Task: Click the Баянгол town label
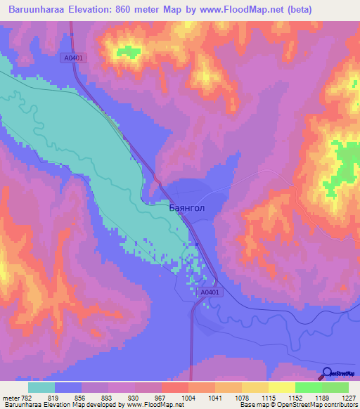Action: tap(188, 208)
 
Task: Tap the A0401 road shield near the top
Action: tap(72, 59)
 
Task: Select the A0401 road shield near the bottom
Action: tap(210, 292)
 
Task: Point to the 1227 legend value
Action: tap(350, 397)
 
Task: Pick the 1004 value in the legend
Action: tap(187, 397)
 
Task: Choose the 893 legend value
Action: tap(107, 397)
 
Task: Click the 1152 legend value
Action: tap(295, 397)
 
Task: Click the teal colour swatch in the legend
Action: tap(41, 387)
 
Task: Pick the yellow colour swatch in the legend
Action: tap(281, 387)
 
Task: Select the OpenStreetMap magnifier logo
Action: tap(326, 374)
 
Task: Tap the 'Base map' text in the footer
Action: tap(252, 405)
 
